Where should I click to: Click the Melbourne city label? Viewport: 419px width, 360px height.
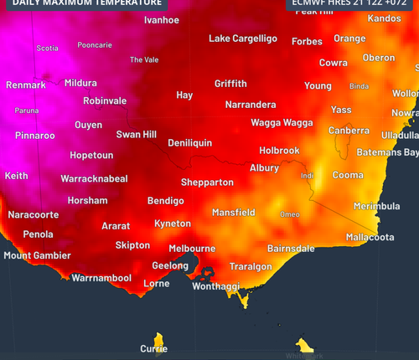point(192,249)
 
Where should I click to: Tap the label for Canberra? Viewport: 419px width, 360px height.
point(349,131)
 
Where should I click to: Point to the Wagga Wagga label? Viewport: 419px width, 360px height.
point(282,122)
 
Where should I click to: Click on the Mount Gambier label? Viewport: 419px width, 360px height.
point(37,255)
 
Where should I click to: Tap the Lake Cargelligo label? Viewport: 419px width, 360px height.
point(242,39)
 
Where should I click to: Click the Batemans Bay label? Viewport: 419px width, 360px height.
point(387,152)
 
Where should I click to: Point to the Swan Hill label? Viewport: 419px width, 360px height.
point(136,134)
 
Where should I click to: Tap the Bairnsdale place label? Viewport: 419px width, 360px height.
point(291,249)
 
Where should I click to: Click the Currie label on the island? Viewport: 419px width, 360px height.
point(153,348)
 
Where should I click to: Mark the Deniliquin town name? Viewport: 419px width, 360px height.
point(189,143)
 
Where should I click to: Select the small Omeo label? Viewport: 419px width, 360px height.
point(289,214)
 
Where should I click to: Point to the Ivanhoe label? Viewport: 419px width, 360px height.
point(162,19)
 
